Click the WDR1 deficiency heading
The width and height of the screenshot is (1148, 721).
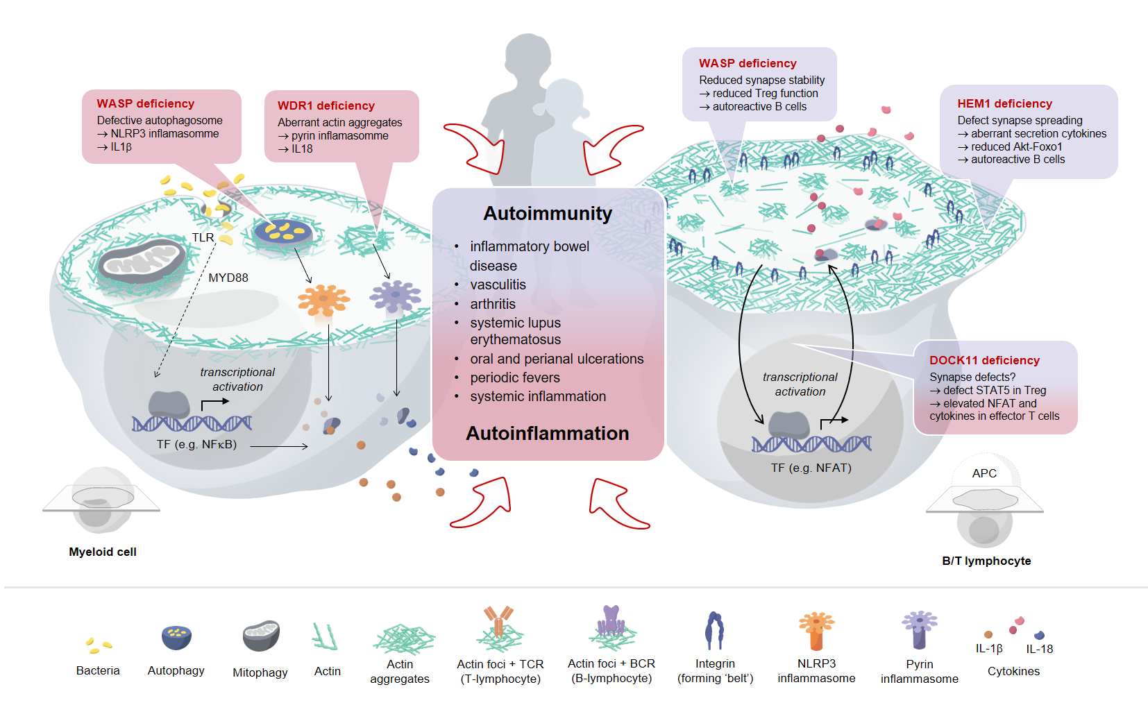point(326,105)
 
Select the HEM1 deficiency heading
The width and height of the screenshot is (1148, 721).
point(1004,103)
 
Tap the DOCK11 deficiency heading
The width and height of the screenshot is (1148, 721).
point(984,360)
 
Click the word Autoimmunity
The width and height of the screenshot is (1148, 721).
point(548,213)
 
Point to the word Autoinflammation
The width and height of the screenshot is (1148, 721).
point(548,433)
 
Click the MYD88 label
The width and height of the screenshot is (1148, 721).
point(228,278)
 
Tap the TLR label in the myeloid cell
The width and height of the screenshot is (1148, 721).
point(203,237)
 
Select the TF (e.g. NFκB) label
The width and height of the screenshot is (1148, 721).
point(196,444)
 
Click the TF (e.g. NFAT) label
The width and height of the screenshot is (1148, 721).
point(811,468)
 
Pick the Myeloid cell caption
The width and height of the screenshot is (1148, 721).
point(103,552)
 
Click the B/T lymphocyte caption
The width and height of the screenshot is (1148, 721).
point(986,561)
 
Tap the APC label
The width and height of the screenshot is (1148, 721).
point(984,473)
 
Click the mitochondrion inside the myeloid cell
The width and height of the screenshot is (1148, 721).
point(142,262)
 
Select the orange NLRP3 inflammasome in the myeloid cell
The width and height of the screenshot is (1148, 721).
point(323,300)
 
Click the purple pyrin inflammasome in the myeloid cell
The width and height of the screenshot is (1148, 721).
point(395,296)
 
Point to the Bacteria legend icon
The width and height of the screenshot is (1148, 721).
point(99,645)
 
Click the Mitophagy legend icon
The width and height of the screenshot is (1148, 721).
point(261,636)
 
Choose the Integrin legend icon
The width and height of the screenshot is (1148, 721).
point(714,631)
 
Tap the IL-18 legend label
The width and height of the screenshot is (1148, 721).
point(1039,649)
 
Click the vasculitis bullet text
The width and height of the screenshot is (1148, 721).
point(498,285)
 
